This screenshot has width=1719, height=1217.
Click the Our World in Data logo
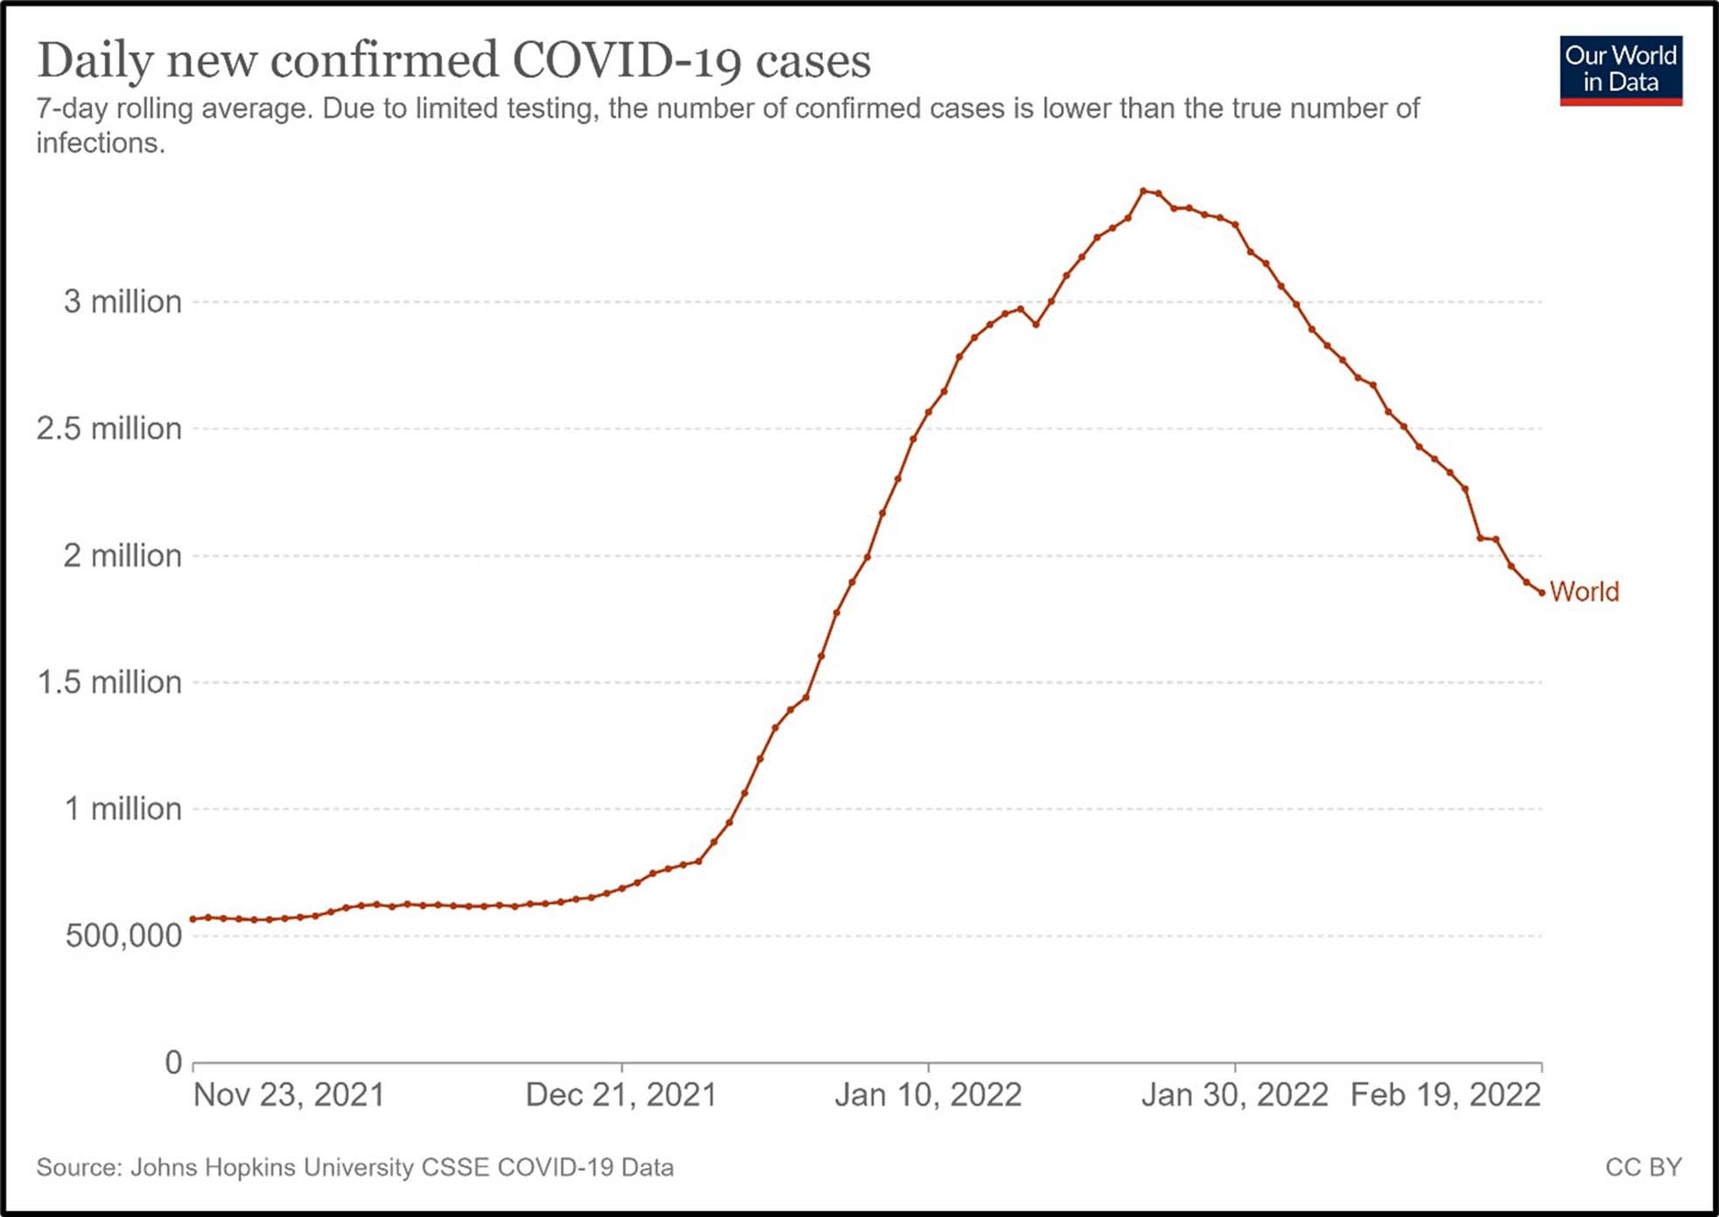click(x=1620, y=69)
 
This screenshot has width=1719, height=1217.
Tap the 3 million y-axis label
click(x=122, y=302)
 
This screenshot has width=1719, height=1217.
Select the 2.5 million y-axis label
click(x=109, y=429)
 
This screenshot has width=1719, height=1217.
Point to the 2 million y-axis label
click(x=122, y=556)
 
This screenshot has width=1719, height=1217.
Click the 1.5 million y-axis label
click(x=109, y=682)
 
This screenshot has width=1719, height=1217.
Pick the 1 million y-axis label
click(x=123, y=809)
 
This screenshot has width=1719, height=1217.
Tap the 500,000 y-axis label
click(x=123, y=936)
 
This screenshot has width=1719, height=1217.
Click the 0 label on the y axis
click(x=173, y=1062)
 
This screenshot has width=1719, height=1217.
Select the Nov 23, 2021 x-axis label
click(x=289, y=1095)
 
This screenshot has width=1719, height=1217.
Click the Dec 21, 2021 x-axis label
click(x=621, y=1095)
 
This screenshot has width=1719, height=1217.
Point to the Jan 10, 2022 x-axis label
click(x=928, y=1095)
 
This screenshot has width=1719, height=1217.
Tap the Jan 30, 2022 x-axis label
click(x=1234, y=1095)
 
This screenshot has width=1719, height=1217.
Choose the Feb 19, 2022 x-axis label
click(x=1445, y=1095)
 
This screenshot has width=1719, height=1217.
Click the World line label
click(x=1584, y=592)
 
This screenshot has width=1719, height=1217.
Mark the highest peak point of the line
click(x=1143, y=191)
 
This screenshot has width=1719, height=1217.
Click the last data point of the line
click(x=1541, y=593)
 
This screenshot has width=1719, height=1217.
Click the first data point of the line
click(x=193, y=919)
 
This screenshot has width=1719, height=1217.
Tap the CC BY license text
click(x=1643, y=1167)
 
